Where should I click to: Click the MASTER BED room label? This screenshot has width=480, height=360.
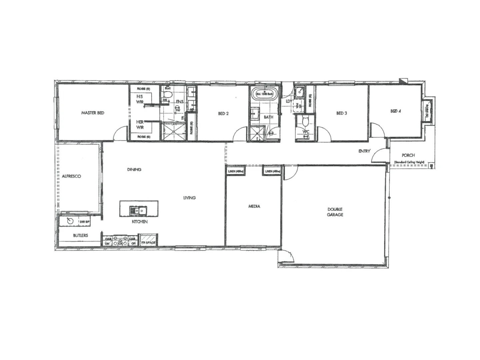pos(93,113)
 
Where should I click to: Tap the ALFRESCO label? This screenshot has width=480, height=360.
pos(71,176)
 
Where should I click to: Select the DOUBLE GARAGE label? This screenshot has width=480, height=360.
pos(335,212)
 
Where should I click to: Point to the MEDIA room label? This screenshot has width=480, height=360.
pos(254,207)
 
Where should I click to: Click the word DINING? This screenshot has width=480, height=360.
pos(134,169)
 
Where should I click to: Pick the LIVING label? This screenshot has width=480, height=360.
pos(189,198)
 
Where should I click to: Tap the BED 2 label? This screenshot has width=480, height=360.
pos(223,114)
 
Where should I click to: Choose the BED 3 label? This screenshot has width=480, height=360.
pos(342,113)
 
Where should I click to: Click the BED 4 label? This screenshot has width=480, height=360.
pos(395,111)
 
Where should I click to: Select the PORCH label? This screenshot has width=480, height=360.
pos(408,155)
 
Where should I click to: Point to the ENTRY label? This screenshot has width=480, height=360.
pos(364,151)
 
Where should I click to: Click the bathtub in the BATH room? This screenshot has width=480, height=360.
pos(265,94)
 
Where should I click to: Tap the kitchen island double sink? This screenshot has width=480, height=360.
pos(139,211)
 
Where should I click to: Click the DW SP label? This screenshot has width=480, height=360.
pos(84,222)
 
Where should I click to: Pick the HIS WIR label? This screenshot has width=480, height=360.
pos(140,99)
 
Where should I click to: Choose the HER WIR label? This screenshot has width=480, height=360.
pos(140,125)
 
